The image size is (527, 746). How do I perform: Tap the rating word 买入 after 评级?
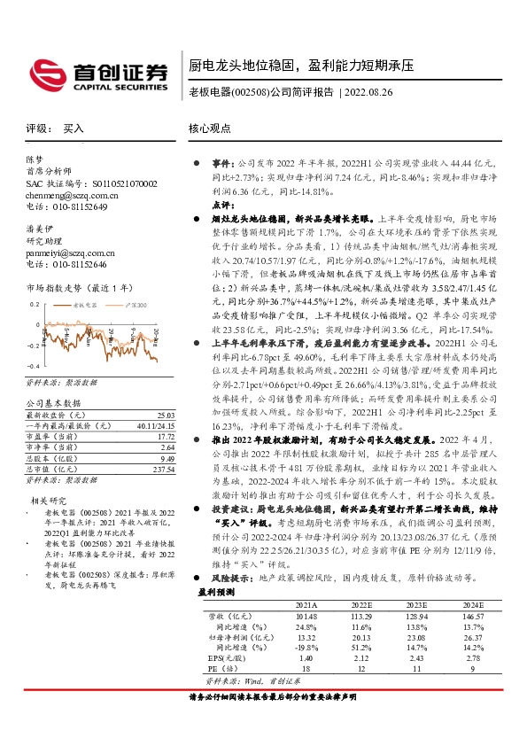pos(74,128)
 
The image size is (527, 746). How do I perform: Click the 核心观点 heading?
pos(211,128)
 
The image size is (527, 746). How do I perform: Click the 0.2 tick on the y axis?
pos(35,302)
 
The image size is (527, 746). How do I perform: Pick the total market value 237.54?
pos(163,470)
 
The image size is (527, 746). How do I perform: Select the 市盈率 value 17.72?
pos(165,437)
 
